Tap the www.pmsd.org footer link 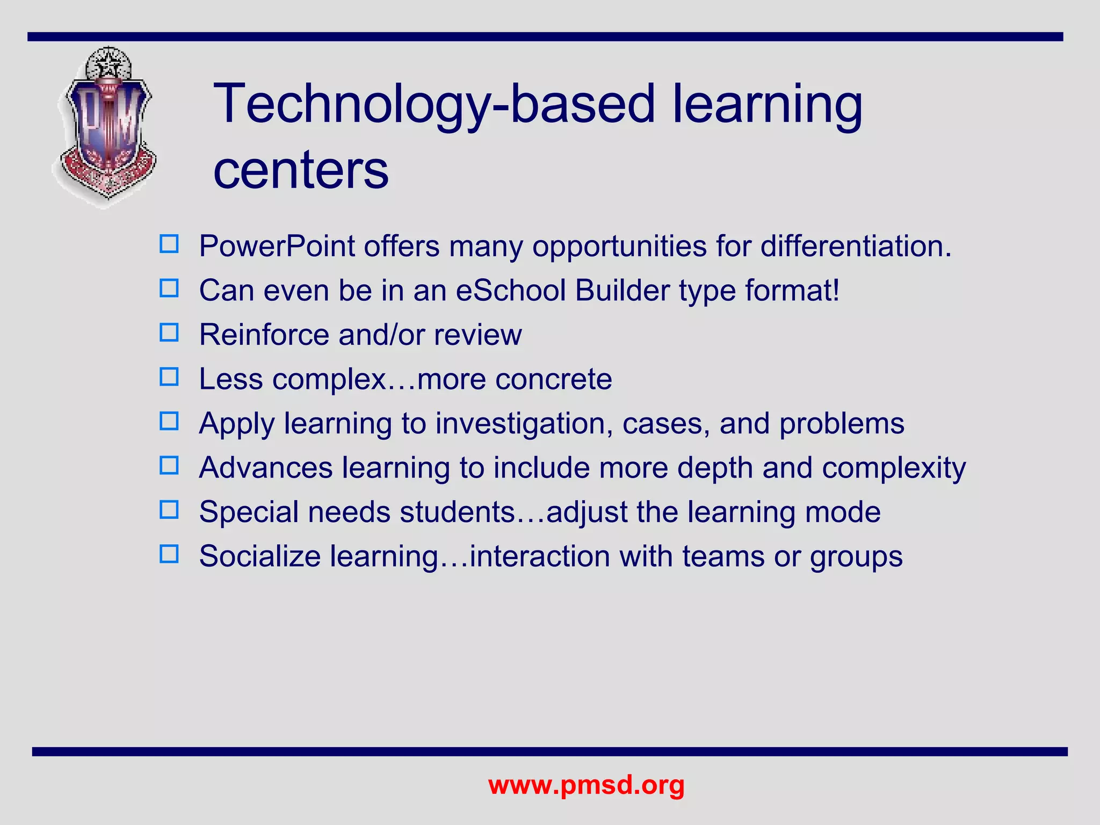pyautogui.click(x=586, y=785)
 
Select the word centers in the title pyautogui.click(x=301, y=170)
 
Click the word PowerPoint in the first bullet pyautogui.click(x=277, y=247)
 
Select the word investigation pyautogui.click(x=524, y=424)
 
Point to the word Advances pyautogui.click(x=266, y=468)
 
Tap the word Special pyautogui.click(x=248, y=512)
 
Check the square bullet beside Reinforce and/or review pyautogui.click(x=169, y=333)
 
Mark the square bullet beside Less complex pyautogui.click(x=169, y=377)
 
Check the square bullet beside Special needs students pyautogui.click(x=169, y=510)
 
